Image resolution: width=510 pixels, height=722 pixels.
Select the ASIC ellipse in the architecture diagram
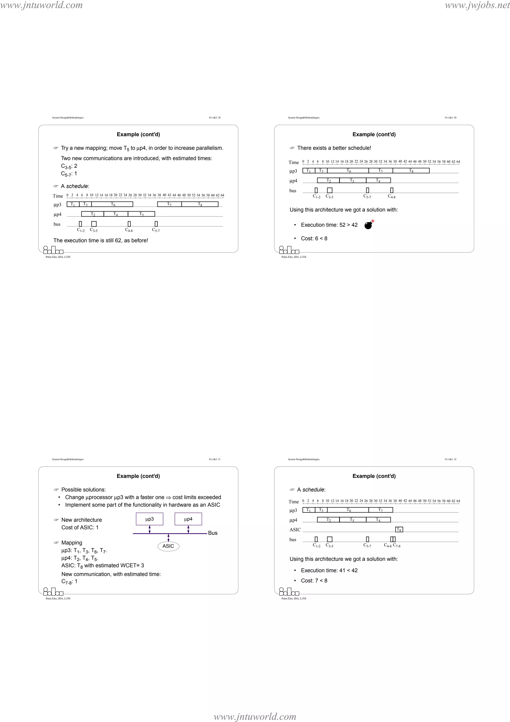click(168, 546)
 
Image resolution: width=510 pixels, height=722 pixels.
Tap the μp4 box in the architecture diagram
click(188, 519)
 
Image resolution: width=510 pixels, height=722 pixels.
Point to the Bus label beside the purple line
click(213, 533)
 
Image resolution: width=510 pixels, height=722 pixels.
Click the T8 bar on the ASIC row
click(399, 529)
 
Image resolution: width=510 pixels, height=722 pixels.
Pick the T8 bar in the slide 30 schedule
click(411, 170)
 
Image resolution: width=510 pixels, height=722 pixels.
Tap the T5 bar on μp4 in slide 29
click(141, 214)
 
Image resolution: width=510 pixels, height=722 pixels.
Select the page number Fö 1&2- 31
click(215, 459)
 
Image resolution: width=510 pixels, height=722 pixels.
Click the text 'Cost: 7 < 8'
click(314, 580)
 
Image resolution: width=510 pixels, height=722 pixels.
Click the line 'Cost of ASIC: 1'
click(80, 527)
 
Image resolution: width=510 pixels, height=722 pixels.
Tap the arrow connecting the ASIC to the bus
click(168, 538)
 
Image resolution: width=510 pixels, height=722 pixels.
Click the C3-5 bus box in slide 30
click(330, 190)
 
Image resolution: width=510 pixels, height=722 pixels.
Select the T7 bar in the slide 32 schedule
click(381, 510)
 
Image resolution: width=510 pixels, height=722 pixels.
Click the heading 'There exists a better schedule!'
click(334, 148)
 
